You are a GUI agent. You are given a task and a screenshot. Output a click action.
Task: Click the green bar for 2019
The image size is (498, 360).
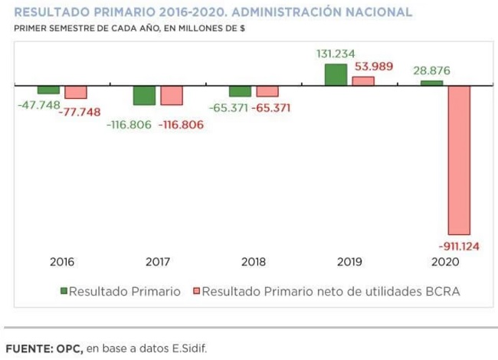coord(336,75)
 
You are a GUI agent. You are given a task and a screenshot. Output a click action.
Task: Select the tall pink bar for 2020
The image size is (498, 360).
coord(459,160)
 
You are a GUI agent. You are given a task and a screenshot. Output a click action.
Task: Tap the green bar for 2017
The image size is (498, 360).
coord(145,95)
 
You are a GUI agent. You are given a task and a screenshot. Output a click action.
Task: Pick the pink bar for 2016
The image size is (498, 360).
coord(76,92)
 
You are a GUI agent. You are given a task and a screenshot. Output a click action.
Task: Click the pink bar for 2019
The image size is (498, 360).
coord(363,81)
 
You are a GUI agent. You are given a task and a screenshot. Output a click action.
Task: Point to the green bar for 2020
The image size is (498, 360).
coord(431,83)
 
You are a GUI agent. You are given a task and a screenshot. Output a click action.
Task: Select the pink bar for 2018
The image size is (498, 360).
coord(267,91)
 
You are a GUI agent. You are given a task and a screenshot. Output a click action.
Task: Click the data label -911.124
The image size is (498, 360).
coord(459,247)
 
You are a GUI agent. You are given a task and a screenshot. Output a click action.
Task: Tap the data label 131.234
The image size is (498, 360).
coord(336,54)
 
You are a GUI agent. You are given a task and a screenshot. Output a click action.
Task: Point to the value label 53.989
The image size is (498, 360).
coord(374,67)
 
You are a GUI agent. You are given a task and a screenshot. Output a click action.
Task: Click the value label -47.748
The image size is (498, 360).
coord(39,105)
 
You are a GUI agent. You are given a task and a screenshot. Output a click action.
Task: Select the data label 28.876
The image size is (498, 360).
coord(431,70)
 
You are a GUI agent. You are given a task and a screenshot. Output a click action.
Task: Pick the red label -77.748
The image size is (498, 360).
coord(80,112)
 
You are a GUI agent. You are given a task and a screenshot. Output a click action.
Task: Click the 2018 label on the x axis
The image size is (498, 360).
coord(254,262)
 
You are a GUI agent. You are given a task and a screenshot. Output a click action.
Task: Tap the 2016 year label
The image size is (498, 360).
coord(62,262)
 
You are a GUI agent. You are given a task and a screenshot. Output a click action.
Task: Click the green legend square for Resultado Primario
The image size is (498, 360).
coord(64,291)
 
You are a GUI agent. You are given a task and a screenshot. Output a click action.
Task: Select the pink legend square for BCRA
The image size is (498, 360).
coord(197,291)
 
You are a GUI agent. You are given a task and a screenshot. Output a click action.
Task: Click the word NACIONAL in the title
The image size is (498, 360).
coord(378,12)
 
